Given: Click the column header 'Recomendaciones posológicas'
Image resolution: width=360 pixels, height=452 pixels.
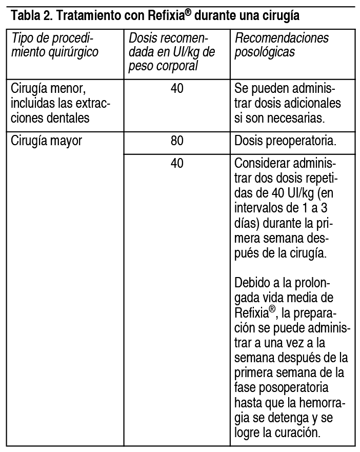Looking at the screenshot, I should click(282, 45).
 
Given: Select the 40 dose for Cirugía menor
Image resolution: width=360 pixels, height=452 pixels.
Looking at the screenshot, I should click(177, 89).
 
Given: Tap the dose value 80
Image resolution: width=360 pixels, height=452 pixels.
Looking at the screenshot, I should click(177, 141).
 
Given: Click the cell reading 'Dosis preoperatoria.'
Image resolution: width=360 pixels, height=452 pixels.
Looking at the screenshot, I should click(285, 141).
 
